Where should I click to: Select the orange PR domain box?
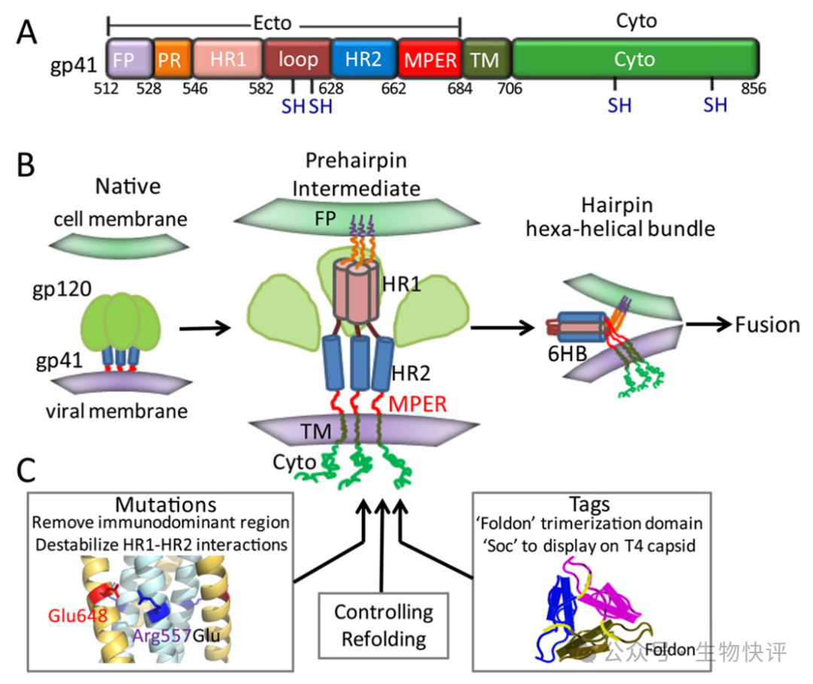click(x=171, y=60)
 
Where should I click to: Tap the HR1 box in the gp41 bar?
click(x=227, y=60)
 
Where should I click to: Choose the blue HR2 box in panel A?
click(x=363, y=60)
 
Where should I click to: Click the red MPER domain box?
click(x=429, y=60)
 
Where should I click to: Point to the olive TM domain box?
click(x=485, y=60)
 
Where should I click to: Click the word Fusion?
click(x=768, y=325)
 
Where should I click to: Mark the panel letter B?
click(x=28, y=165)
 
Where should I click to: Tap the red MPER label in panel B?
click(x=418, y=405)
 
